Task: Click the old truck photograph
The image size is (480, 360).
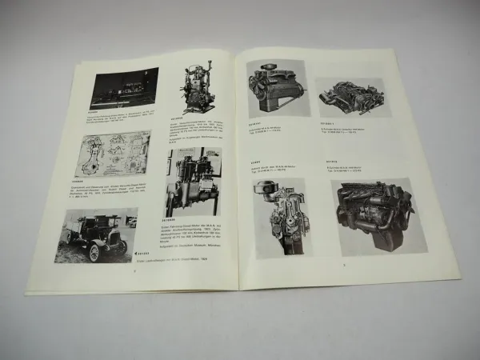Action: point(106,234)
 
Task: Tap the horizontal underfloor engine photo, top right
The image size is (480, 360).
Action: point(353,98)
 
